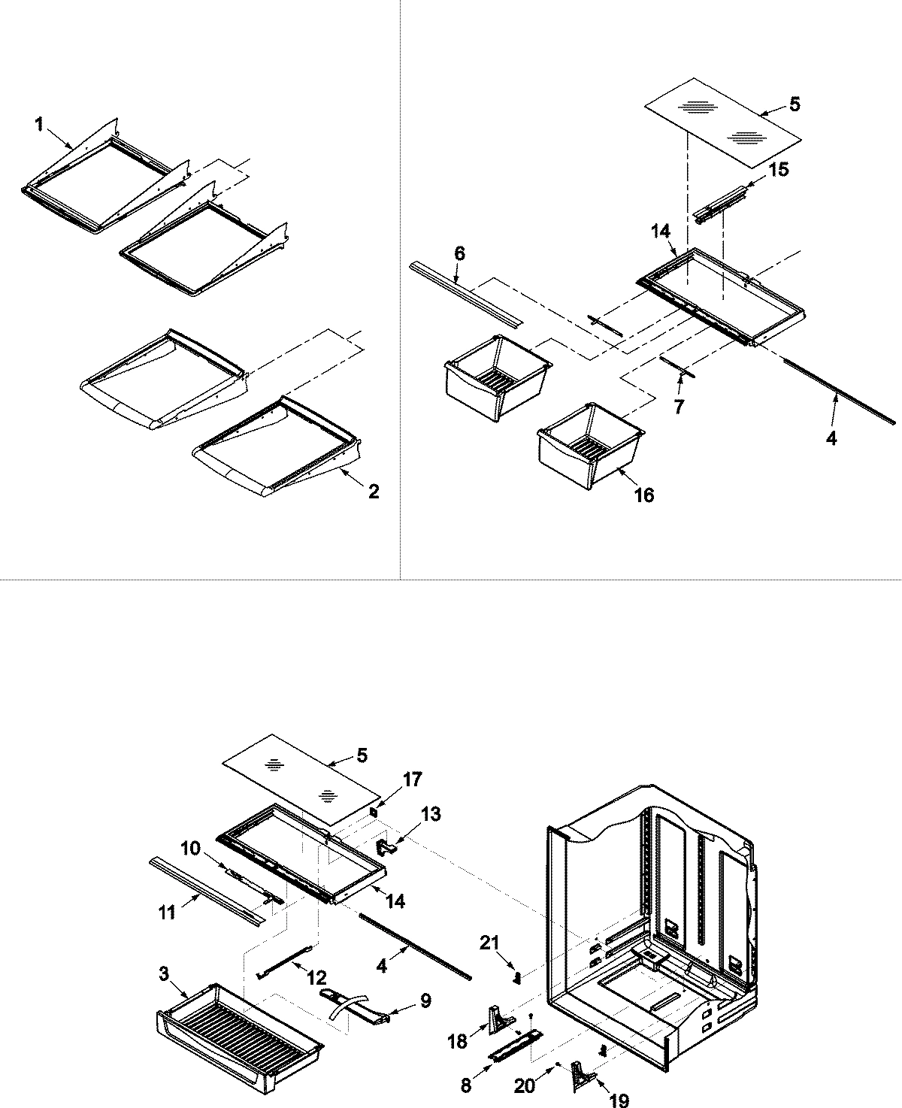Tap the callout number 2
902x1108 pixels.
click(374, 492)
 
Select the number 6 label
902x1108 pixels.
click(459, 254)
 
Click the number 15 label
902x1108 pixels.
click(779, 170)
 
